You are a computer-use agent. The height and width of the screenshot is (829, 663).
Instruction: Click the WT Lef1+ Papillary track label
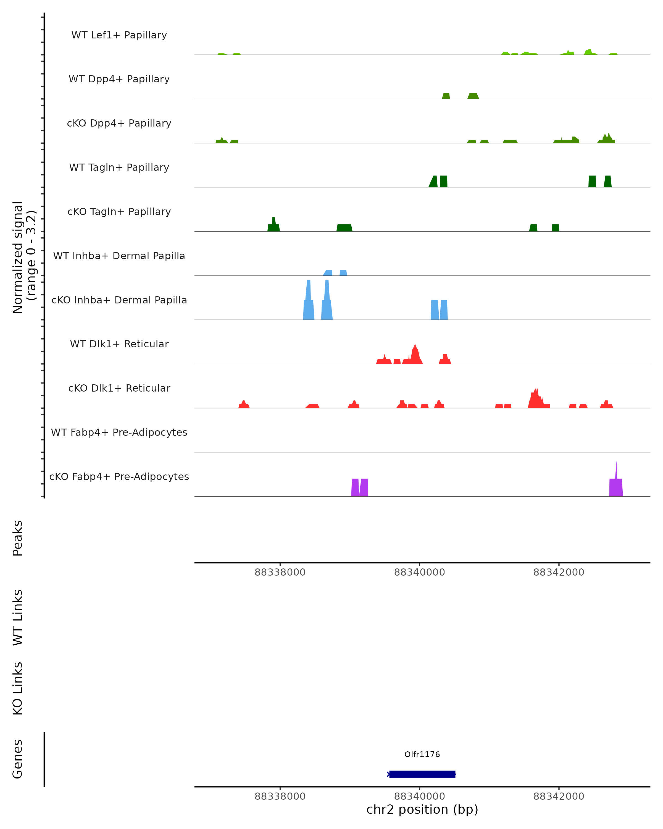coord(119,35)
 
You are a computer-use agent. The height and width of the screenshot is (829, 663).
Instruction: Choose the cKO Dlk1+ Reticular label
coord(119,388)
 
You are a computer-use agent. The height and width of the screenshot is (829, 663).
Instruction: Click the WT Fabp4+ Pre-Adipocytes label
coord(119,432)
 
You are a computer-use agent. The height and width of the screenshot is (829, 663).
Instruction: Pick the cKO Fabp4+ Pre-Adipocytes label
coord(119,476)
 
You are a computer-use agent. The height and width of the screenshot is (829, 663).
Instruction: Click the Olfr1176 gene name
coord(422,754)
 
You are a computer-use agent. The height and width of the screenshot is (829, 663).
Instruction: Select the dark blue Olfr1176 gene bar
coord(422,774)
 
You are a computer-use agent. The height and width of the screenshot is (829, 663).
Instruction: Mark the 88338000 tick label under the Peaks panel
coord(280,572)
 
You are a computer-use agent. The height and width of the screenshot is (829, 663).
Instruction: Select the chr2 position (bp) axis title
coord(422,810)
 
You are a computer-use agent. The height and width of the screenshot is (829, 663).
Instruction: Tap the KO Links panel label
coord(18,688)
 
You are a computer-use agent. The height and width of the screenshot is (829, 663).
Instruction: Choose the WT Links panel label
coord(18,617)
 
